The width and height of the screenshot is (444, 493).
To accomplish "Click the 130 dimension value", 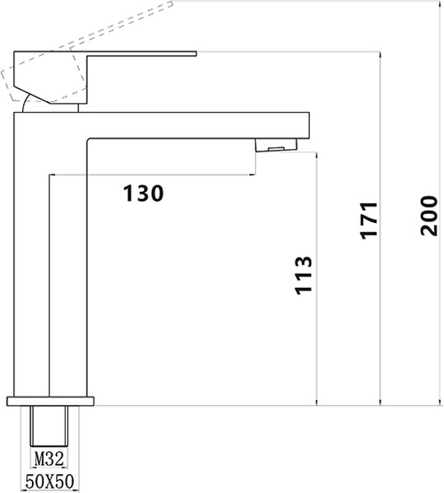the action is pos(143,193).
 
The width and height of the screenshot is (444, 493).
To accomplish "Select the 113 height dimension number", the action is pos(303,276).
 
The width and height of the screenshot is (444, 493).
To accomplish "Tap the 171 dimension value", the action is pos(368,221).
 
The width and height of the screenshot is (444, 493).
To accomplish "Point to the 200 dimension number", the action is pos(429,216).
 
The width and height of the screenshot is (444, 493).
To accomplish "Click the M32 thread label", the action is pos(49,458).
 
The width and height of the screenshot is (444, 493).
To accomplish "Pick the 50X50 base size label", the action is pos(49,481).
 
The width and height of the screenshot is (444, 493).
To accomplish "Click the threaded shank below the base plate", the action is pos(49,426).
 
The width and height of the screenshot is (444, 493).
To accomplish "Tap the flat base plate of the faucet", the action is pos(50,401).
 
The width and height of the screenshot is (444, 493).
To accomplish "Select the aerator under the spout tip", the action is pos(276,145).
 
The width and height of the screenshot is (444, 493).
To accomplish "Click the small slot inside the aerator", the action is pos(276,149).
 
